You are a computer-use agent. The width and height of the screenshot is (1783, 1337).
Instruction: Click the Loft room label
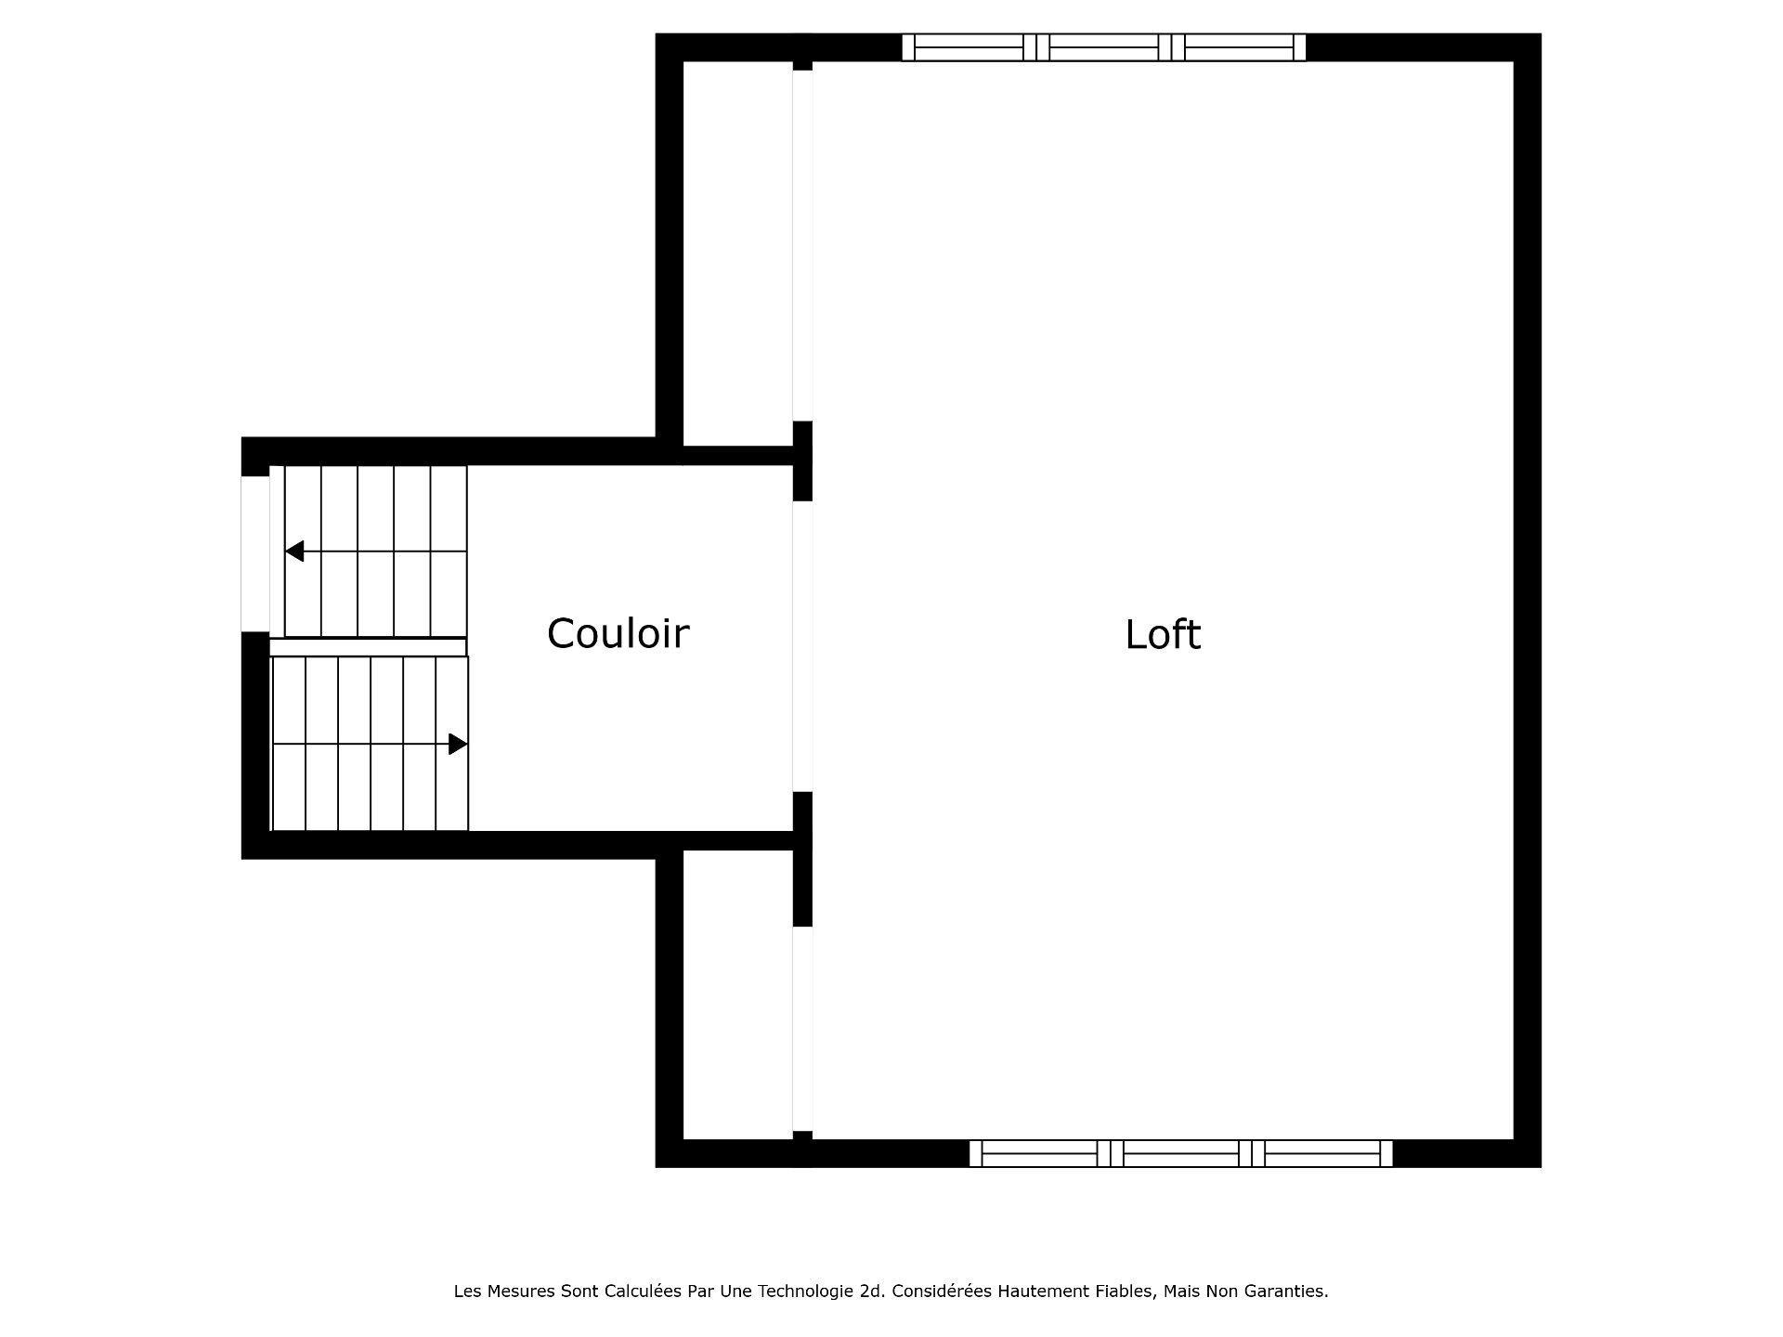pos(1163,635)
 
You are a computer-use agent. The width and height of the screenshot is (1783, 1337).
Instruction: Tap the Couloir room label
pos(618,634)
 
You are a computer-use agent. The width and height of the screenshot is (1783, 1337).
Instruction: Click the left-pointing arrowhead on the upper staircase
pos(294,552)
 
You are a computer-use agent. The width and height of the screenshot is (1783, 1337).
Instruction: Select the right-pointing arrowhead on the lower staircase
pos(458,744)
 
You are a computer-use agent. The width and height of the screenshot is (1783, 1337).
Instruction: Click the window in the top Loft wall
pos(1103,47)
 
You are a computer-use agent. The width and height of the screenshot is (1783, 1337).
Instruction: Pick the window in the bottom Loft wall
pos(1180,1153)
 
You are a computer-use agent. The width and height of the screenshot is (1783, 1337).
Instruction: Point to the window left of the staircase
pos(254,553)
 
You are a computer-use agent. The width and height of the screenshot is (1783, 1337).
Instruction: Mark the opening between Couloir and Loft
pos(802,646)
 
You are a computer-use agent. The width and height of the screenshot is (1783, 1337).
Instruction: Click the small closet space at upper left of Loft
pos(737,251)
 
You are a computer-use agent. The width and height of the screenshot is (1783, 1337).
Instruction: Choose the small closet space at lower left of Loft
pos(737,993)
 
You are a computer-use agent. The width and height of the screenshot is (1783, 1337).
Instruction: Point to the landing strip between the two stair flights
pos(368,647)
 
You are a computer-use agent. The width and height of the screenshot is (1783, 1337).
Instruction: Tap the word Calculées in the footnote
pos(640,1292)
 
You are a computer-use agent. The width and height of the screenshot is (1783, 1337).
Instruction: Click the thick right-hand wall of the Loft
pos(1528,604)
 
